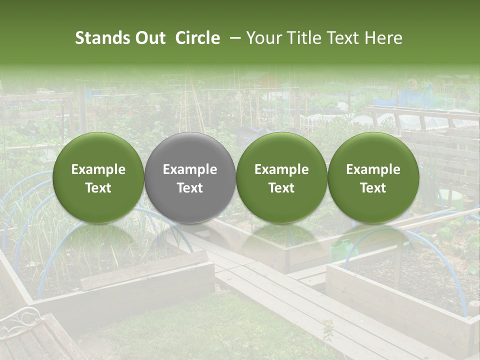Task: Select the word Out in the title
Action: tap(150, 38)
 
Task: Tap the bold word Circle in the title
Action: tap(197, 38)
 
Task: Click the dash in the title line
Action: tap(233, 38)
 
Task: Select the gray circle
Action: tap(190, 177)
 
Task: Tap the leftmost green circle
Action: tap(98, 177)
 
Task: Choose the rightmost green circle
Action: tap(373, 177)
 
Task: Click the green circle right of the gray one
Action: tap(281, 177)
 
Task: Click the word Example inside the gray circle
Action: tap(190, 169)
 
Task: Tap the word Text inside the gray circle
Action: tap(190, 188)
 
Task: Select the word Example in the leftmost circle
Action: tap(98, 169)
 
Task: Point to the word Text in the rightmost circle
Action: tap(373, 188)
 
